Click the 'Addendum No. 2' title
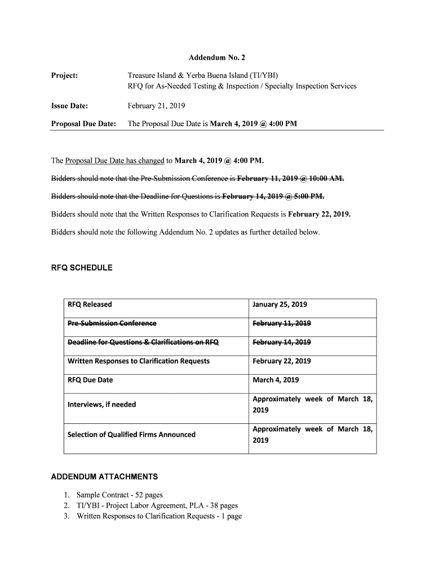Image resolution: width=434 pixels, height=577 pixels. coord(217,57)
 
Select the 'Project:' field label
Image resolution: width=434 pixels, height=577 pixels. coord(64,76)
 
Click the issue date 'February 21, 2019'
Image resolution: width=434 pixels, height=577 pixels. coord(156,105)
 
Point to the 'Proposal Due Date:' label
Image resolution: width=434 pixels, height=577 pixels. coord(83,124)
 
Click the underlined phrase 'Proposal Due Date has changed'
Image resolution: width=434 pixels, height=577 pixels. coord(115,161)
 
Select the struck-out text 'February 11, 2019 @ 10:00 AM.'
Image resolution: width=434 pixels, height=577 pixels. coord(290,179)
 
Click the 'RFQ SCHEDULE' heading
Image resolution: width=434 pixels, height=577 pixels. coord(82,268)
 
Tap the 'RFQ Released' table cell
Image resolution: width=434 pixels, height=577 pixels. coord(90,305)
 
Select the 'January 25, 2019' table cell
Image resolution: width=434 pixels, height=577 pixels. coord(280,305)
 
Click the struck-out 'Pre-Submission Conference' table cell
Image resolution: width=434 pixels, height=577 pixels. coord(112,323)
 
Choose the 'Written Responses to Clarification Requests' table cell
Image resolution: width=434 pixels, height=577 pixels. coord(138,361)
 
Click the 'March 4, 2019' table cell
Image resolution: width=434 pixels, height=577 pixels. coord(276,380)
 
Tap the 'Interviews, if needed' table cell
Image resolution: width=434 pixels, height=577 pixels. coord(101,405)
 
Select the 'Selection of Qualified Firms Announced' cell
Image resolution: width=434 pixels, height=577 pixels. coord(131,435)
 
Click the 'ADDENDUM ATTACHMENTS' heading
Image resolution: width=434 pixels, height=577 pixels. coord(104,477)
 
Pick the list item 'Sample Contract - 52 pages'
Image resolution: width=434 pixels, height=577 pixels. coord(119,495)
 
